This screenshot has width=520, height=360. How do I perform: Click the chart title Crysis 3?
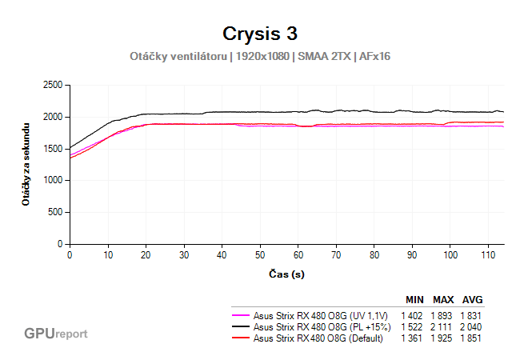(259, 34)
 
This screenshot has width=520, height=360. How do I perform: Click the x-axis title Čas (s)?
(286, 274)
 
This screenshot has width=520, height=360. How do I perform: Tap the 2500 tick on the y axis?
(52, 85)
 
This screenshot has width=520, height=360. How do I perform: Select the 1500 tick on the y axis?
(52, 149)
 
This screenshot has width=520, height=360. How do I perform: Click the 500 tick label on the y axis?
(55, 212)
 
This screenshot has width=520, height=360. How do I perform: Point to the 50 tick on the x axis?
(260, 254)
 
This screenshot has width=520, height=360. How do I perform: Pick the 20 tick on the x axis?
(146, 254)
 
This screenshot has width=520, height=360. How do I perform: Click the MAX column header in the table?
(443, 300)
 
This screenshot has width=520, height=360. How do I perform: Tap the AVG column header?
(472, 300)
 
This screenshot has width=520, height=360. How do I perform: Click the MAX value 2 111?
(443, 326)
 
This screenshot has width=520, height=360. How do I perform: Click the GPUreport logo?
(55, 333)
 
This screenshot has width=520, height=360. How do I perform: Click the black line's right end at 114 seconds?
(503, 112)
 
